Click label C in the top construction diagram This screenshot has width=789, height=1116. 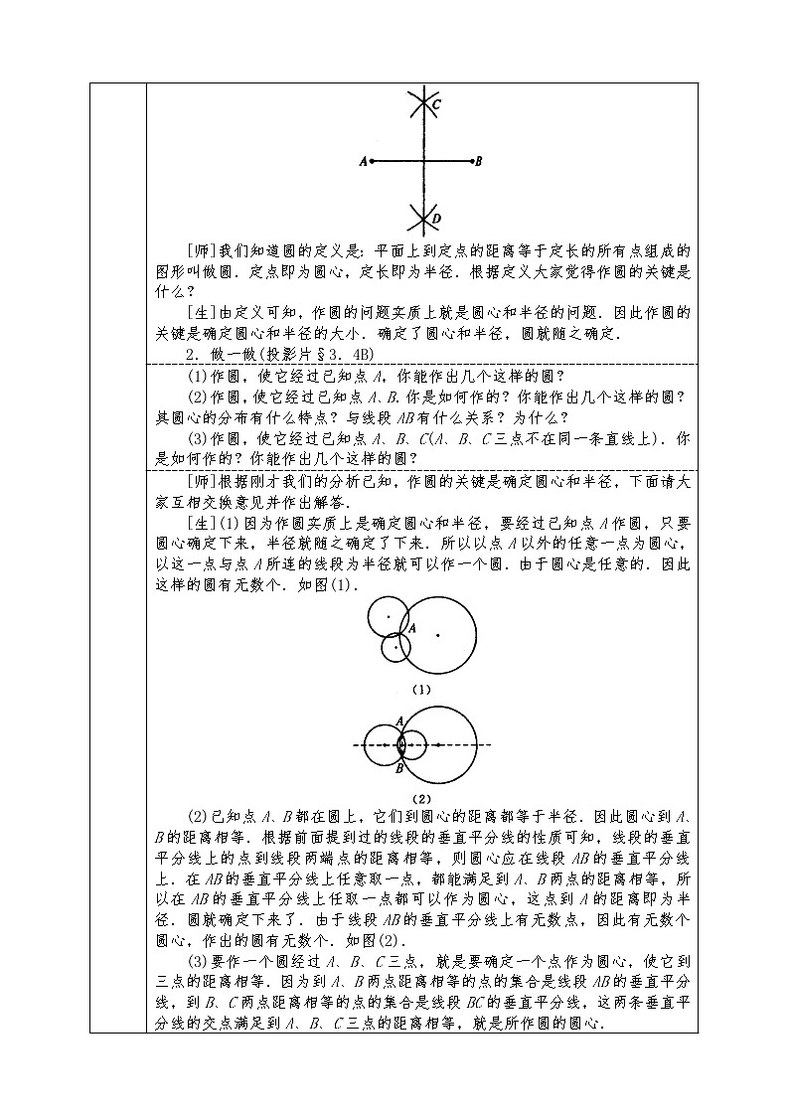point(437,104)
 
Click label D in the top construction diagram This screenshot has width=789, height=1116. point(437,218)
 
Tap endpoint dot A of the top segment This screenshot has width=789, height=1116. point(372,160)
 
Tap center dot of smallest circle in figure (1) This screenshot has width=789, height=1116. point(396,647)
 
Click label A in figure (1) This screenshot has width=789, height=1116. point(411,629)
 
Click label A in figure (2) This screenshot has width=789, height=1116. point(399,719)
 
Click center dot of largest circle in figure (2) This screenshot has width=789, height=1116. point(437,743)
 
